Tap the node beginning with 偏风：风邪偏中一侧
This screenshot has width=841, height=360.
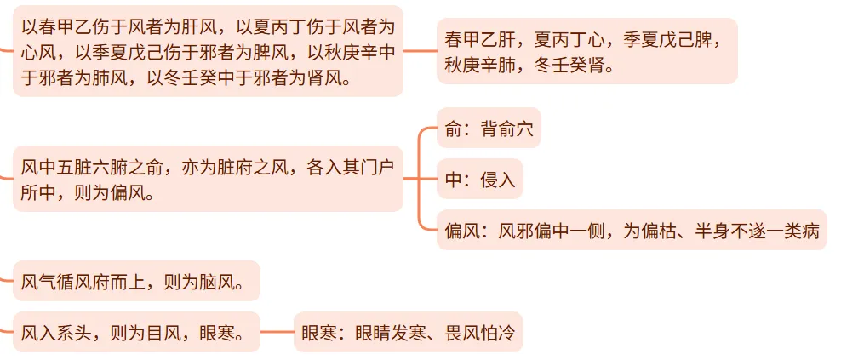pos(631,230)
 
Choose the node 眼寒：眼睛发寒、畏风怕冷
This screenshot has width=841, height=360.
pos(408,332)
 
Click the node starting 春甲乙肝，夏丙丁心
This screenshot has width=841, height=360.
pos(586,51)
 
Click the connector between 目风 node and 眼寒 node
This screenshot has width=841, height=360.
pos(277,332)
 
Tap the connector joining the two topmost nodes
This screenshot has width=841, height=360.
pos(420,51)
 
